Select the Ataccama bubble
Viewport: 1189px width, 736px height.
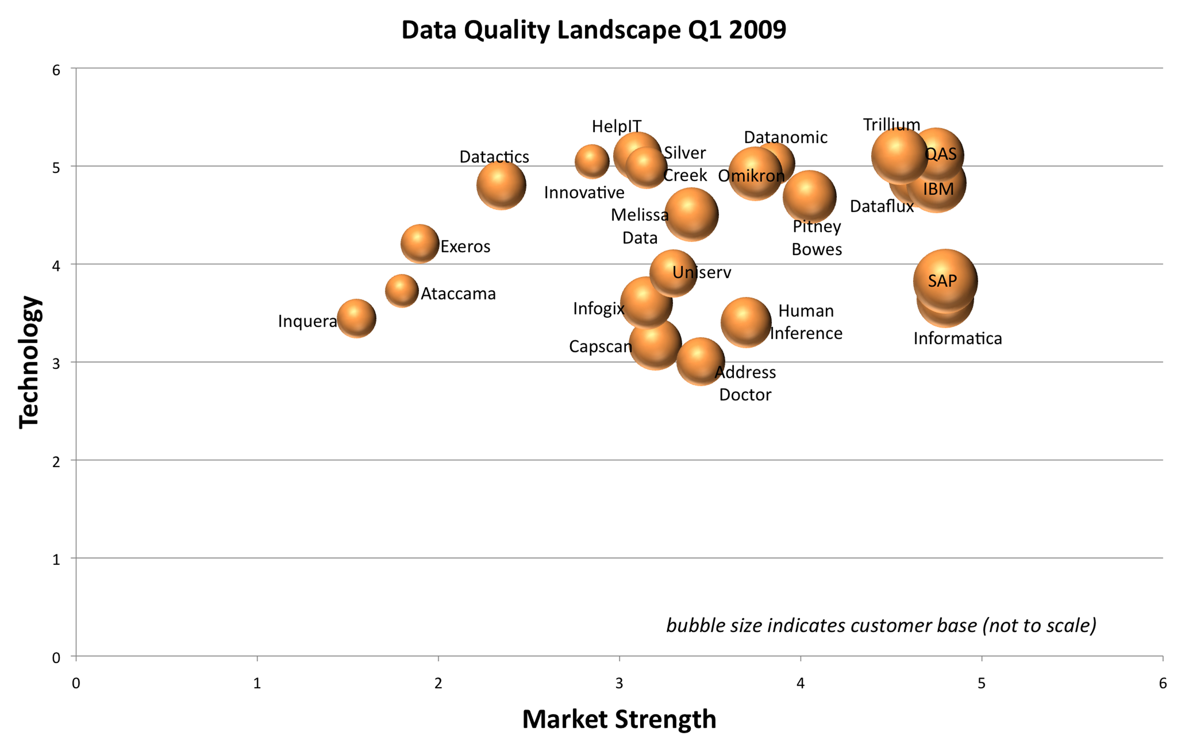(402, 291)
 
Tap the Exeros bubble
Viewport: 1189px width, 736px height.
(420, 243)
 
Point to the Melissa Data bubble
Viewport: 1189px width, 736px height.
(691, 215)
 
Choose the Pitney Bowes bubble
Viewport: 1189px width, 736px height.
(809, 197)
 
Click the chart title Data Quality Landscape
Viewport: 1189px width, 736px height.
(593, 30)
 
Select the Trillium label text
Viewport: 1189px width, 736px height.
(892, 125)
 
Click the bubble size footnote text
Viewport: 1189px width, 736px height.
(881, 625)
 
